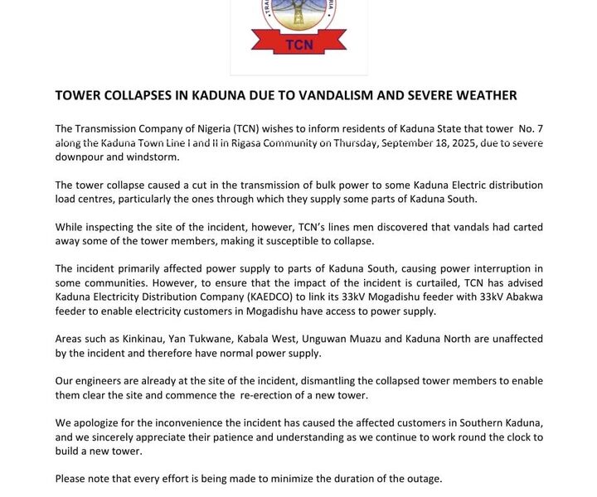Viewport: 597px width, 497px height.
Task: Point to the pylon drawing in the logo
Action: coord(298,15)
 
